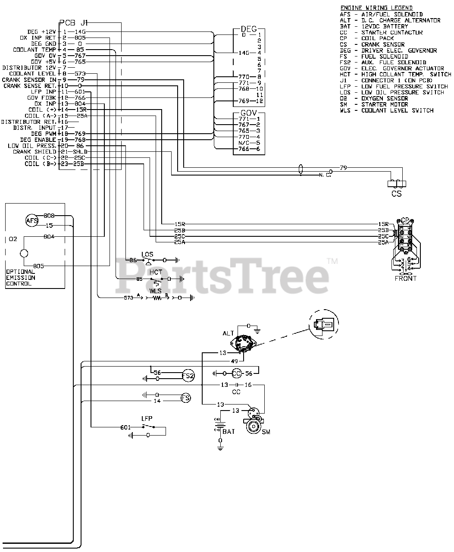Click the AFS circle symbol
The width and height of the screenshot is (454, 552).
tap(32, 221)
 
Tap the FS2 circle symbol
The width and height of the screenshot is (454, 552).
tap(188, 376)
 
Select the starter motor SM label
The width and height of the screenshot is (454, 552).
tap(266, 432)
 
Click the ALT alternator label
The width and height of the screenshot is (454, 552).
tap(228, 333)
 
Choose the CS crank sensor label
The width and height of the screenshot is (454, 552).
tap(396, 194)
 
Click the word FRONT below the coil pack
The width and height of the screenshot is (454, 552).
tap(406, 279)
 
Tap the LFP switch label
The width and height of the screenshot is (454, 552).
tap(147, 418)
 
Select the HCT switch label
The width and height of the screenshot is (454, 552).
tap(156, 272)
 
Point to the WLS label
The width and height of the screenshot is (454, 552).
tap(156, 291)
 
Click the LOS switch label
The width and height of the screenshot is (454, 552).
tap(147, 254)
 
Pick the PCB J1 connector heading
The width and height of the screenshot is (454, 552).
tap(73, 23)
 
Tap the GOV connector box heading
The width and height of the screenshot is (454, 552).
tap(248, 113)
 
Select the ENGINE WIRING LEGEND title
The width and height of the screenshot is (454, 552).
tap(376, 8)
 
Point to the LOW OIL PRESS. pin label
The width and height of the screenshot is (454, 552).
tap(32, 146)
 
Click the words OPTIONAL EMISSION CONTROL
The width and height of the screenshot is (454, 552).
tap(21, 278)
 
